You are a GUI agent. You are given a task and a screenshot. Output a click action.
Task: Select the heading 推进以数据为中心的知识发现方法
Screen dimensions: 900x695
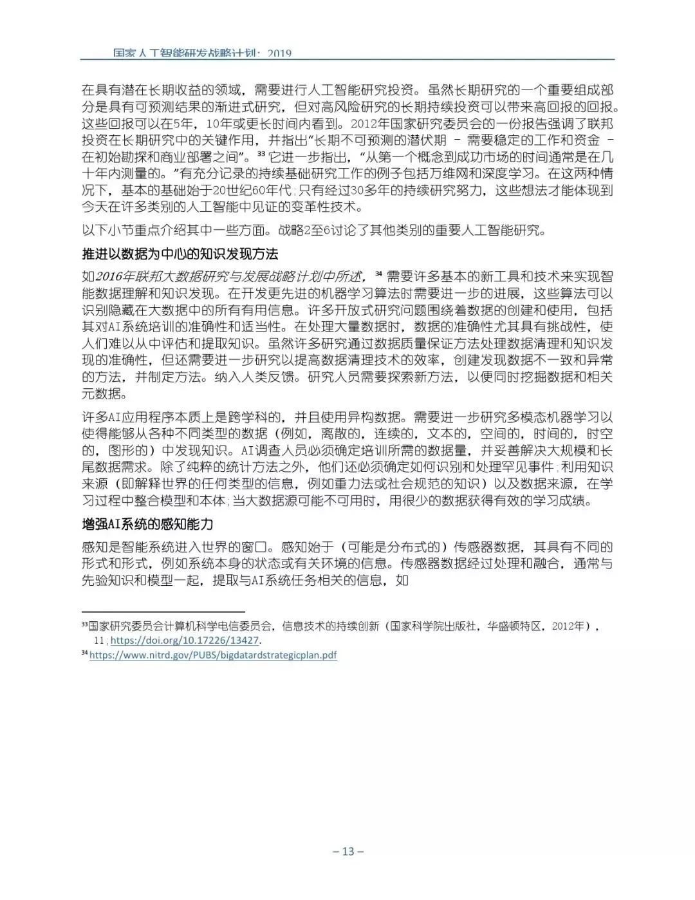pos(180,253)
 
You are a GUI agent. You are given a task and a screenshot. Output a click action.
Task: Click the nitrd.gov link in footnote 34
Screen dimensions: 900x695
pos(213,655)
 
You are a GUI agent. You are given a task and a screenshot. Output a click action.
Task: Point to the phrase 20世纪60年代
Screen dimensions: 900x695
pos(252,191)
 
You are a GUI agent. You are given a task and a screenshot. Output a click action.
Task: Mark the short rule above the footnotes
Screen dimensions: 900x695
pos(163,612)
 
